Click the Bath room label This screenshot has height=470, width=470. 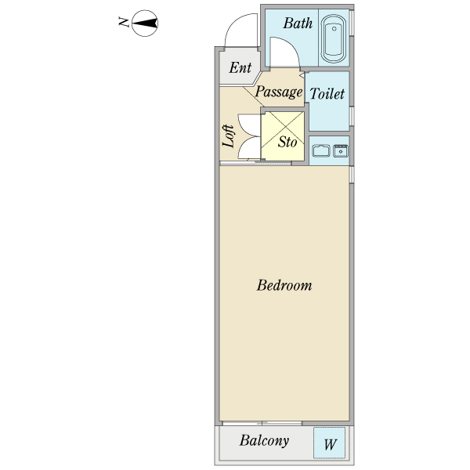coord(298,23)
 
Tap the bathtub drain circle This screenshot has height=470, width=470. coord(334,29)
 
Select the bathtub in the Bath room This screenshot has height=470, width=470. coord(334,38)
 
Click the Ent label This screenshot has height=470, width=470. coord(240,67)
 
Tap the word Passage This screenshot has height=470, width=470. coord(279,92)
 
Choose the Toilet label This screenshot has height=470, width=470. coord(327,94)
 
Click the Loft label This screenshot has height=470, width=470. coord(229,136)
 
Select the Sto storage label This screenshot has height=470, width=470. coord(287,142)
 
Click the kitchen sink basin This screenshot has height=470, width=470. coord(321,150)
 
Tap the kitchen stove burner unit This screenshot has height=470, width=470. coord(341,150)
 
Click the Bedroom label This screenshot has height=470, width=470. coord(284,285)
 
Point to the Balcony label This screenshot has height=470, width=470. coord(265,441)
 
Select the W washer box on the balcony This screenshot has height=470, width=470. coord(330,443)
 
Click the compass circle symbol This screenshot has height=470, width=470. coord(145,23)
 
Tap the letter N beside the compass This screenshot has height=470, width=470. coord(124,23)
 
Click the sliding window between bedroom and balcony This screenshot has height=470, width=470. coord(262,423)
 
